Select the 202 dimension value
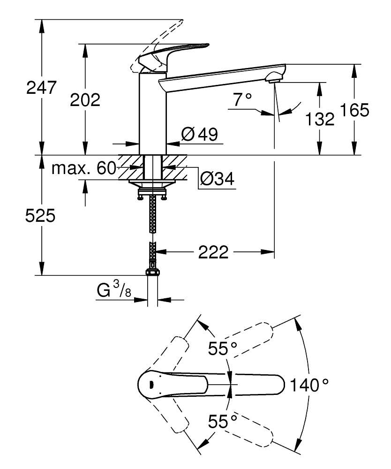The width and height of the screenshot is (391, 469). (85, 99)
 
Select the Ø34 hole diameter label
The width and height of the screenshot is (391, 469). (217, 178)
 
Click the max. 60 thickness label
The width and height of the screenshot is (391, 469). (83, 168)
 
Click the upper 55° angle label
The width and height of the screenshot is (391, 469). (223, 349)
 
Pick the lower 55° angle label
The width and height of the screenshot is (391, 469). (223, 422)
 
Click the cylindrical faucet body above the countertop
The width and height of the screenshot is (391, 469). (153, 113)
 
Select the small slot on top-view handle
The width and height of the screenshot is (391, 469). (150, 385)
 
